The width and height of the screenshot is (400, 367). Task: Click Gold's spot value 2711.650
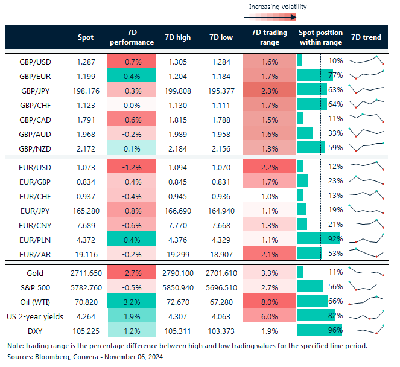pyautogui.click(x=86, y=272)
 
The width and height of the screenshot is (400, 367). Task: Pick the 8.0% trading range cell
pyautogui.click(x=270, y=301)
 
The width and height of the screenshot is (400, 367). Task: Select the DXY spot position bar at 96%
pyautogui.click(x=319, y=330)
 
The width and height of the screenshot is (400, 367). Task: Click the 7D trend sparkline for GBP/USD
pyautogui.click(x=367, y=61)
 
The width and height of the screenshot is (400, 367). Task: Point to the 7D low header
pyautogui.click(x=221, y=37)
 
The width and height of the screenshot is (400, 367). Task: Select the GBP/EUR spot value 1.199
pyautogui.click(x=86, y=75)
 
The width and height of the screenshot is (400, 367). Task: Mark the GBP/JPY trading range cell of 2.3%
pyautogui.click(x=270, y=90)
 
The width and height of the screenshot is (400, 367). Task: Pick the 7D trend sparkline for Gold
pyautogui.click(x=367, y=272)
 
